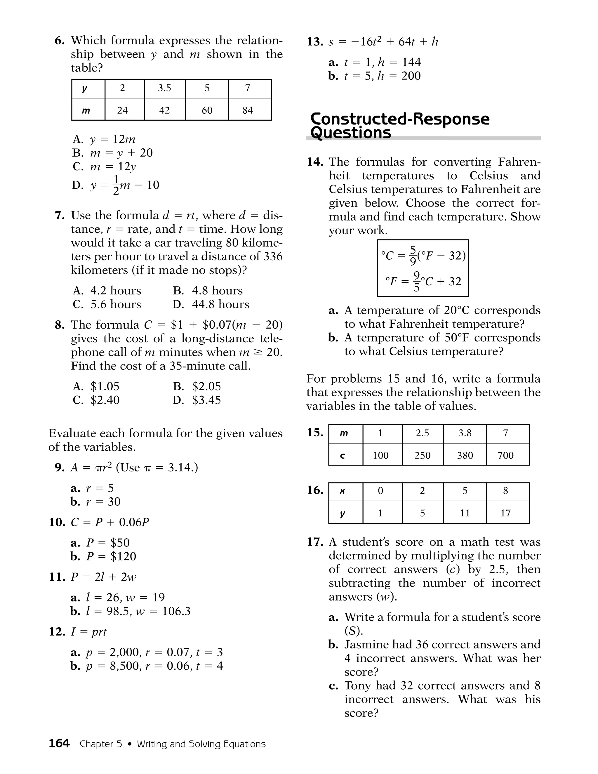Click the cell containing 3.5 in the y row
click(164, 88)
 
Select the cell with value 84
click(248, 110)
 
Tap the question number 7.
click(60, 216)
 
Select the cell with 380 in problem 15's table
click(465, 455)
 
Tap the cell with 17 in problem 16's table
click(505, 513)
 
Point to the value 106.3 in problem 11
click(176, 611)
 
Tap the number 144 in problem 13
click(411, 63)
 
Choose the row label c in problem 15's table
click(343, 455)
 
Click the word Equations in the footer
click(244, 744)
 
